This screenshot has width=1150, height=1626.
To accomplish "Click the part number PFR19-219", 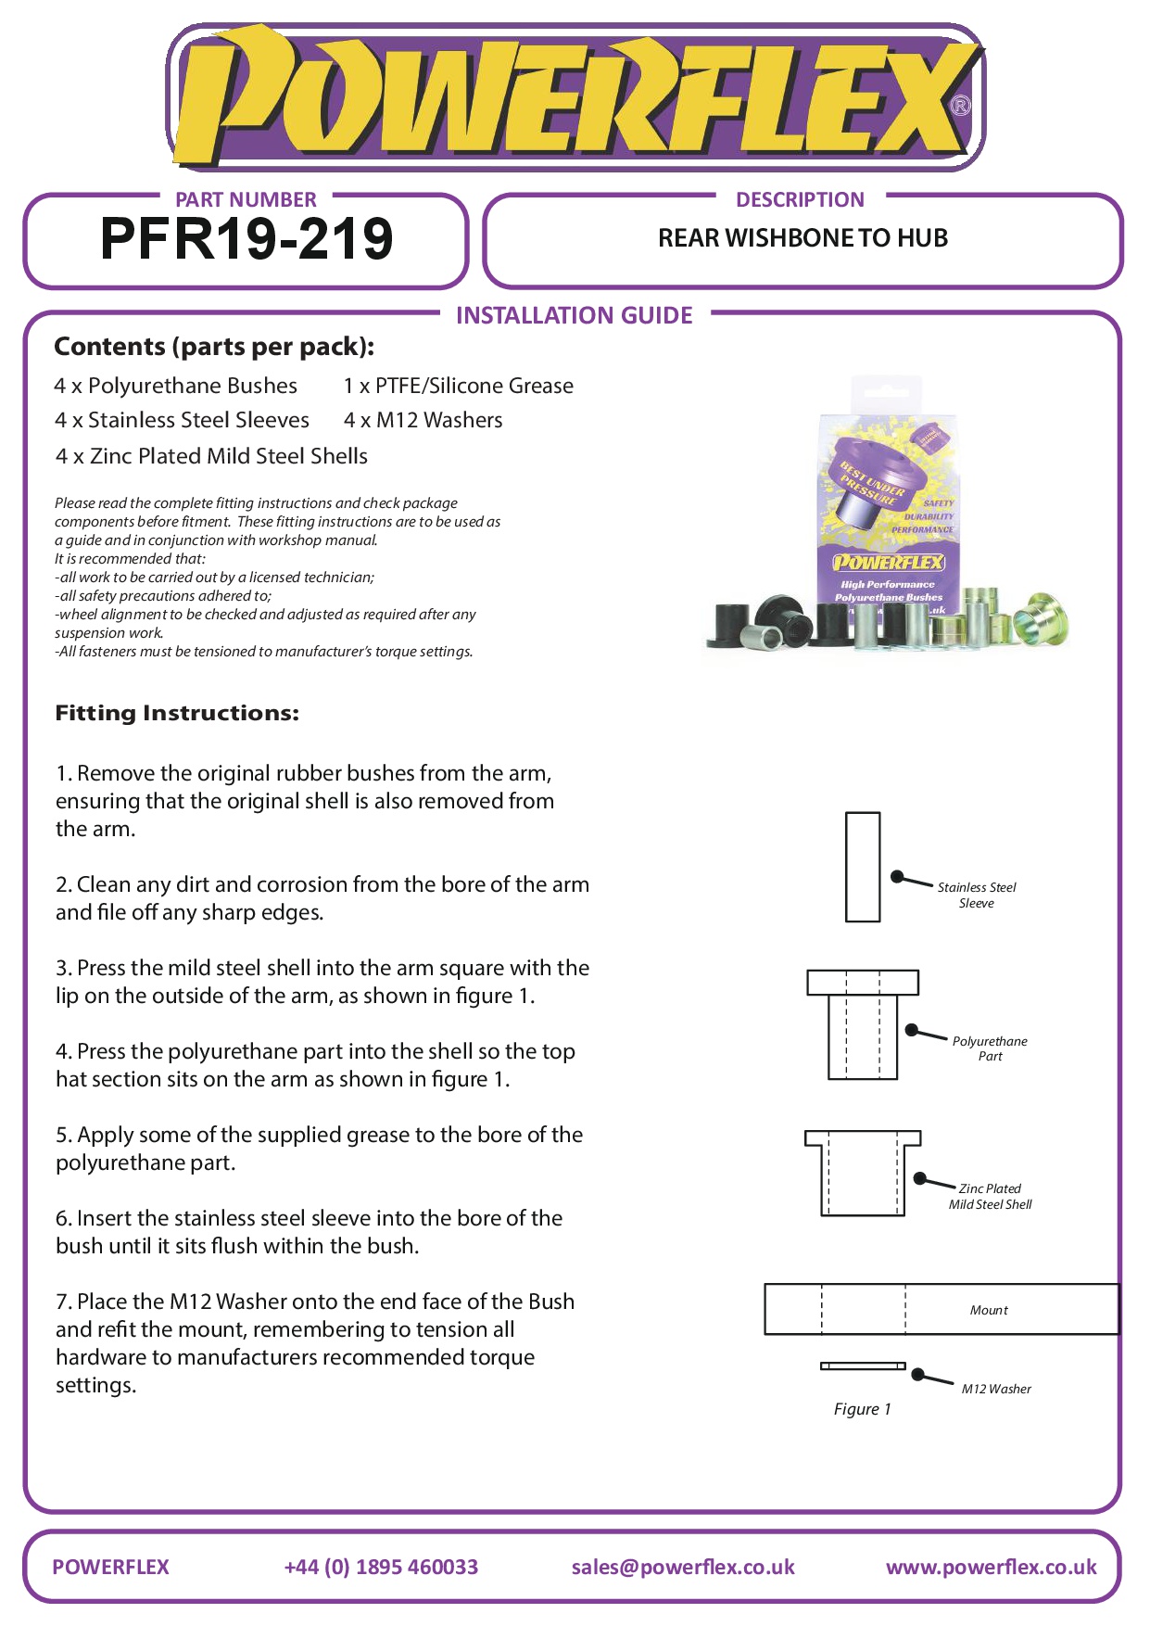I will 246,239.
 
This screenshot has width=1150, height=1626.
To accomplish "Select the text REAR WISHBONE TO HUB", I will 802,238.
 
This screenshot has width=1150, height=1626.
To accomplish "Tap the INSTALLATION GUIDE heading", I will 574,315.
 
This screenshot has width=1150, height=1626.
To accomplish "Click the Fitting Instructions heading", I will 177,713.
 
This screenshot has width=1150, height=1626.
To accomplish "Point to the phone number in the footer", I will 381,1567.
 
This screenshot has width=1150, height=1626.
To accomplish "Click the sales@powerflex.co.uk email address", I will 683,1567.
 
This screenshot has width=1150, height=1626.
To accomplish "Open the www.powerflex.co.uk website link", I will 991,1567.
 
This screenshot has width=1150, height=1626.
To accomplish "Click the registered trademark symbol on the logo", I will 961,106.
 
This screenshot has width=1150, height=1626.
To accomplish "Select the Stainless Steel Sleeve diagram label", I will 977,895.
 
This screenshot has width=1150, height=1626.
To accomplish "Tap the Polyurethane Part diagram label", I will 990,1048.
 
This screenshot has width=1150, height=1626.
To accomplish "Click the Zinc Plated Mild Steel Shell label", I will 990,1196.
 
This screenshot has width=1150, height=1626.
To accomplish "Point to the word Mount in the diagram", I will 989,1310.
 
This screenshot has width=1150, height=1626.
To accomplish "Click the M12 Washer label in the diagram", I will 996,1389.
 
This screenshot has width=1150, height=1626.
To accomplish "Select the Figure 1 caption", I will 862,1409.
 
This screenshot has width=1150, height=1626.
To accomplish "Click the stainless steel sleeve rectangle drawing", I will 863,867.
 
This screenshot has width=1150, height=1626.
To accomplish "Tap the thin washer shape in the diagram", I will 863,1366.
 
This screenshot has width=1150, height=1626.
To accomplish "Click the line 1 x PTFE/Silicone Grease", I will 458,386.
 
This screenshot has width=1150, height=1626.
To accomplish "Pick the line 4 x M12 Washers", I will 423,420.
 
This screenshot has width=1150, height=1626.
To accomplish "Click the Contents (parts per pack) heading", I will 214,347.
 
